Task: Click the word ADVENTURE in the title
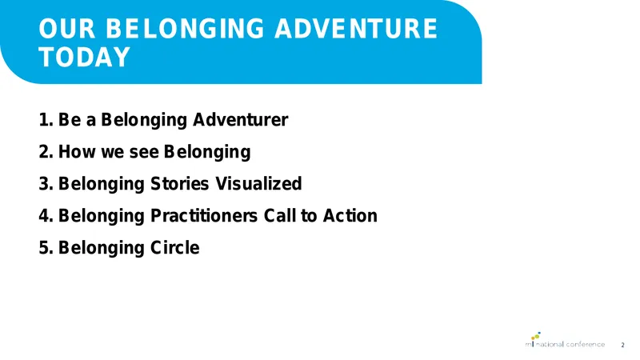355,29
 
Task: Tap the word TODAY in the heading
85,57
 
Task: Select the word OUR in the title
67,29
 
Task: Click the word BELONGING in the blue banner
185,29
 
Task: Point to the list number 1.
46,120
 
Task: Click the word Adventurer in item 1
241,120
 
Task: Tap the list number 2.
46,152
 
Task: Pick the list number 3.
46,184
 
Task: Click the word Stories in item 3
180,184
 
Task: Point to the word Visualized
258,184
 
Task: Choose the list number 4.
46,216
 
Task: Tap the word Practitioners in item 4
204,216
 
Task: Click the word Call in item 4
279,215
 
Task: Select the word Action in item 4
350,215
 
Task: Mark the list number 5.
46,248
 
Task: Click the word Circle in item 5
175,248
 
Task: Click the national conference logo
565,339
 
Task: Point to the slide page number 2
622,345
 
